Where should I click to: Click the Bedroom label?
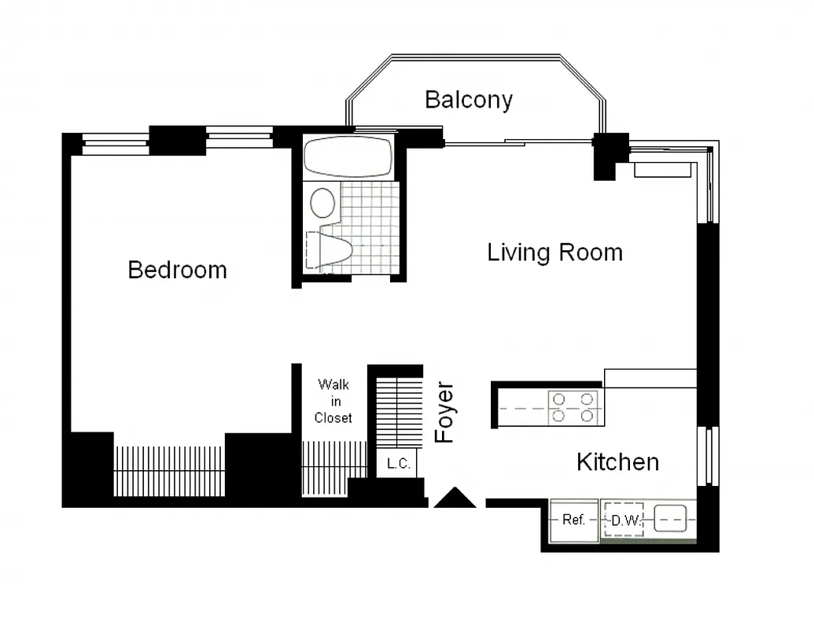pyautogui.click(x=177, y=270)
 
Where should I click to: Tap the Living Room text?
pyautogui.click(x=554, y=252)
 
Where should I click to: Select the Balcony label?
pyautogui.click(x=469, y=100)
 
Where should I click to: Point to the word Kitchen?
pyautogui.click(x=617, y=462)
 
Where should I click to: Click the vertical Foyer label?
pyautogui.click(x=445, y=413)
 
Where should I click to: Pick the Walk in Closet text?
pyautogui.click(x=333, y=401)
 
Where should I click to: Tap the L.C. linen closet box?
pyautogui.click(x=398, y=464)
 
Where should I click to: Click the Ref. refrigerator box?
pyautogui.click(x=573, y=520)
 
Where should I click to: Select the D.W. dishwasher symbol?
pyautogui.click(x=624, y=520)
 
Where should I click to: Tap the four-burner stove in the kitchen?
pyautogui.click(x=573, y=408)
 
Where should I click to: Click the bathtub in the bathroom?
pyautogui.click(x=348, y=156)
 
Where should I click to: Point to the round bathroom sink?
pyautogui.click(x=322, y=203)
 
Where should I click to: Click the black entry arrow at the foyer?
pyautogui.click(x=455, y=498)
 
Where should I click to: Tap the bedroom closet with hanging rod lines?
pyautogui.click(x=169, y=470)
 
